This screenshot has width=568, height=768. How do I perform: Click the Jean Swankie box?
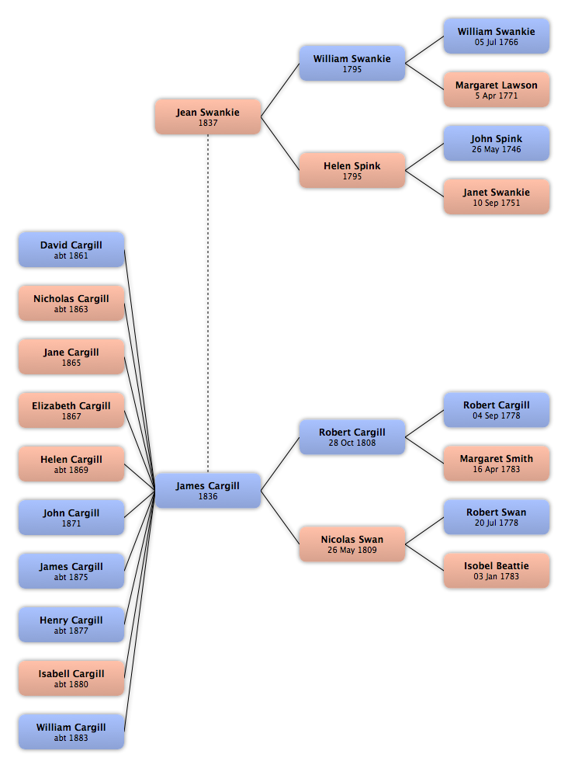tap(208, 116)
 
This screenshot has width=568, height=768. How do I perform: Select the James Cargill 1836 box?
tap(208, 490)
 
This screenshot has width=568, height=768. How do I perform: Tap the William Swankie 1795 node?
tap(352, 63)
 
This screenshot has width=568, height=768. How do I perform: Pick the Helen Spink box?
tap(352, 170)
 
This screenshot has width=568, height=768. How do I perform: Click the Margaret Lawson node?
tap(497, 89)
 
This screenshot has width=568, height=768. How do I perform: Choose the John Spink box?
tap(497, 143)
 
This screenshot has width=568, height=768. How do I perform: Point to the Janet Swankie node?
tap(497, 196)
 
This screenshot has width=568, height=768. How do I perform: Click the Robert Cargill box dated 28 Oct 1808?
tap(352, 437)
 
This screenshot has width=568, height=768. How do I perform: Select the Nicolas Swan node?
tap(352, 544)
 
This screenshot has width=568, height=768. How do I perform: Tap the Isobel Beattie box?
tap(497, 571)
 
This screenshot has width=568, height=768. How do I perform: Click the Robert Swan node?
tap(497, 517)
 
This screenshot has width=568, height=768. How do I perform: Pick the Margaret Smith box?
tap(497, 464)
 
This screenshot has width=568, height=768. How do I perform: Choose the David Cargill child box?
tap(71, 250)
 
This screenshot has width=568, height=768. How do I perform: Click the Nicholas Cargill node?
tap(71, 303)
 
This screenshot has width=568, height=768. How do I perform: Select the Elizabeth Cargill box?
tap(71, 411)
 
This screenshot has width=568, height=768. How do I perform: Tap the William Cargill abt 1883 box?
tap(71, 732)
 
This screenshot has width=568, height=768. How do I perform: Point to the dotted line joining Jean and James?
tap(208, 304)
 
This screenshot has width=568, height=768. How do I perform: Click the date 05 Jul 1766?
tap(497, 42)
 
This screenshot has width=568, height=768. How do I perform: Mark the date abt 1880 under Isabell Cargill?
tap(71, 684)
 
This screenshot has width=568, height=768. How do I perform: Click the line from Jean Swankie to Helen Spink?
tap(280, 144)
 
